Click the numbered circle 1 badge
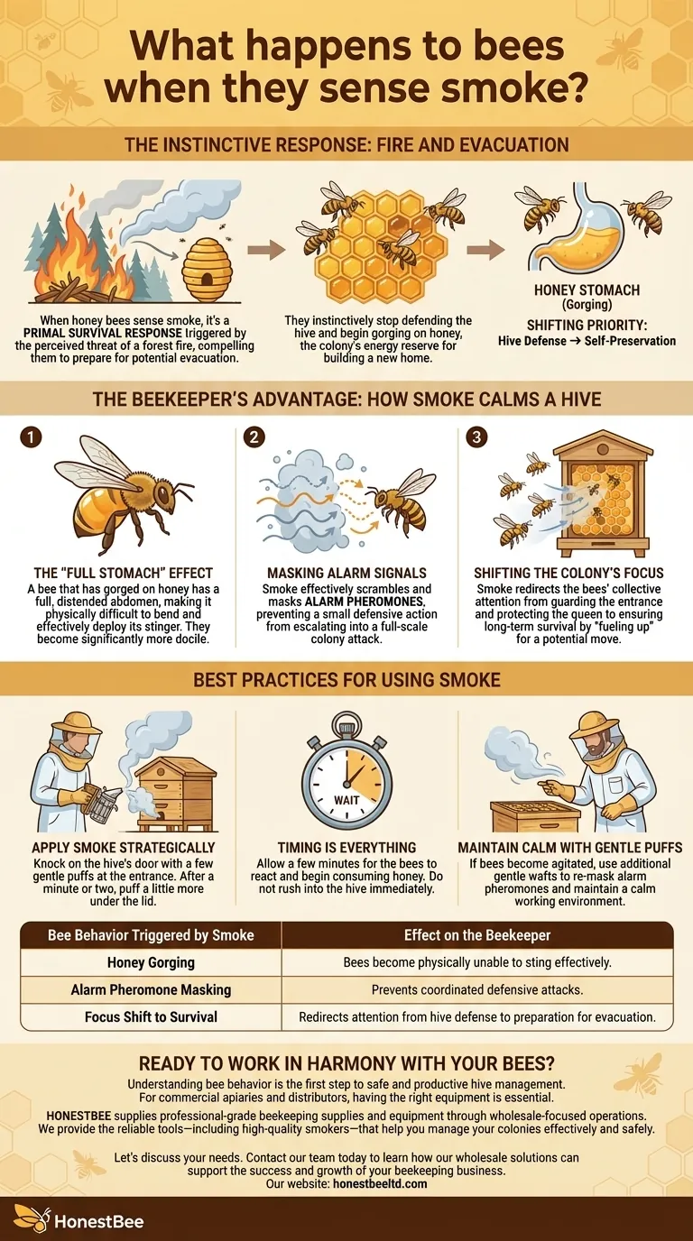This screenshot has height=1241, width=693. pos(31,437)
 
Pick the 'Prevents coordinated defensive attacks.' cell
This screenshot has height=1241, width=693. pos(477,989)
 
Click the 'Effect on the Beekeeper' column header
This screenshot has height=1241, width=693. pos(477,935)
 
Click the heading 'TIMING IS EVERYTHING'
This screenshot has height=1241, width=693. pos(346,847)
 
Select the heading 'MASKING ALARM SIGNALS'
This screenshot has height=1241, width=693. pos(346,573)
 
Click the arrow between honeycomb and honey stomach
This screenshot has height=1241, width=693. pos(485,250)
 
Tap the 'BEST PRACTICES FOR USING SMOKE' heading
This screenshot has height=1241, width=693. pos(346,679)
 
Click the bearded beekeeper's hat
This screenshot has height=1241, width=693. pos(596,725)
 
